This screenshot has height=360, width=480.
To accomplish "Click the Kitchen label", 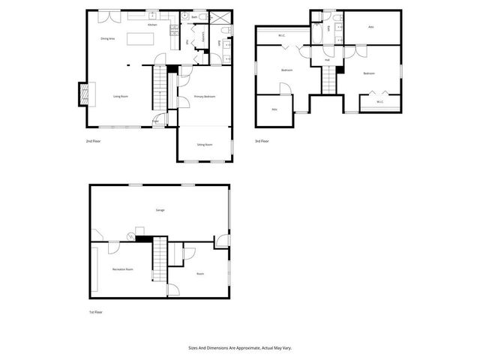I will click(151, 25).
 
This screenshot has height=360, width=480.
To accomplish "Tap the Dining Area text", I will click(107, 37).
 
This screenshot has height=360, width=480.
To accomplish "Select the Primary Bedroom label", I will click(205, 97).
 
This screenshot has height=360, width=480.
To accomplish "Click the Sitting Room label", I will click(205, 144).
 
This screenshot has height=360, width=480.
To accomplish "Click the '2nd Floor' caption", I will click(94, 141).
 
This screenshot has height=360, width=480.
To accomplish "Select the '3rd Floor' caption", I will click(262, 141).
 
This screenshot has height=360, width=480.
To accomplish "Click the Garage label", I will click(160, 210).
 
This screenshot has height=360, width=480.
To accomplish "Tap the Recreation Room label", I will click(123, 268).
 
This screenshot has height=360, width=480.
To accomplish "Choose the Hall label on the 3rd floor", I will click(327, 59).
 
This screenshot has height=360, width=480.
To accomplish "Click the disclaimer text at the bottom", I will click(239, 348).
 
